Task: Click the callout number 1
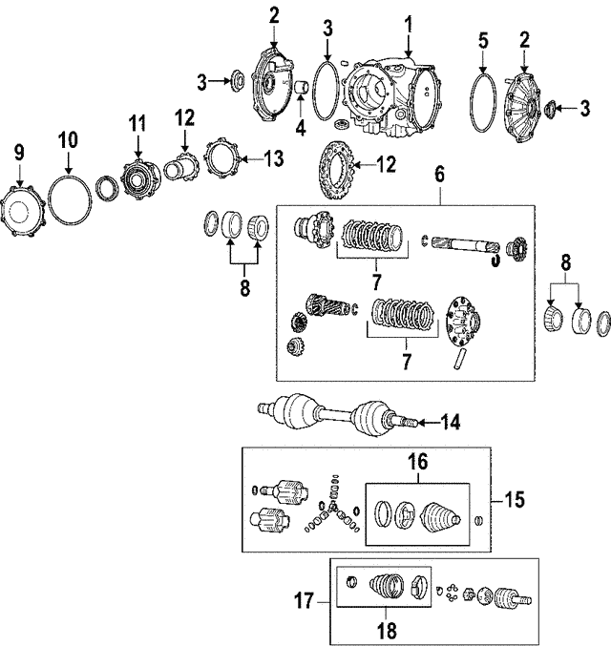point(408,21)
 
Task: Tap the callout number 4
point(300,126)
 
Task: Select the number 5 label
point(483,41)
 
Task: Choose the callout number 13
point(274,158)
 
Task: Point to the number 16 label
point(416,461)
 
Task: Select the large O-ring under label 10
point(69,201)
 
